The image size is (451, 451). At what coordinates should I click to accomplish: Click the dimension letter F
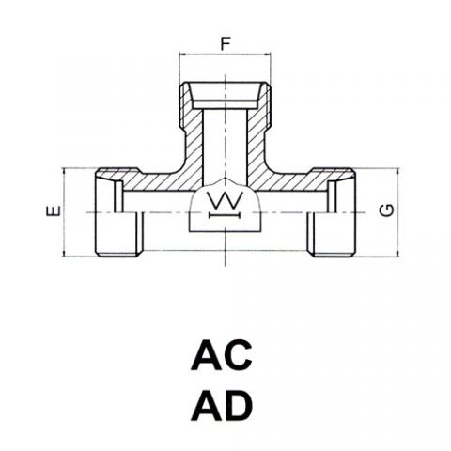225,43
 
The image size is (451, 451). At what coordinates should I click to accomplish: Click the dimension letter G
386,210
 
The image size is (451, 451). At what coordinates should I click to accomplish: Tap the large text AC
222,354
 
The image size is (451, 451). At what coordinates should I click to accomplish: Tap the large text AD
222,405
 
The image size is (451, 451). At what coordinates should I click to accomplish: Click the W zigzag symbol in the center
225,200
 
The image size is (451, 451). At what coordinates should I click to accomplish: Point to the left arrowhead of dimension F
182,54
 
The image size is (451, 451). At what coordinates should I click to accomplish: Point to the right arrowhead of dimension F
267,54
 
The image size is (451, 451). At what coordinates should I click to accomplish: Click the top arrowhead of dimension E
64,171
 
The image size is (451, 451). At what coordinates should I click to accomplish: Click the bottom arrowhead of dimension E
64,254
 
